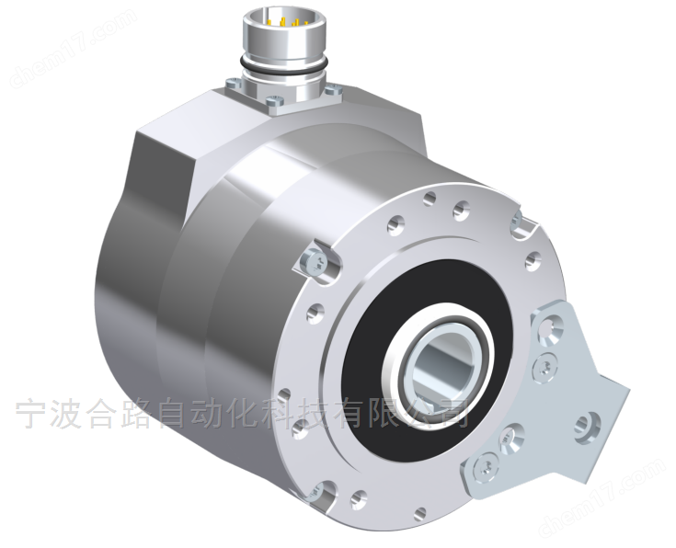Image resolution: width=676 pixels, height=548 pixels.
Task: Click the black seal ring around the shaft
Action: pyautogui.click(x=368, y=368)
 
